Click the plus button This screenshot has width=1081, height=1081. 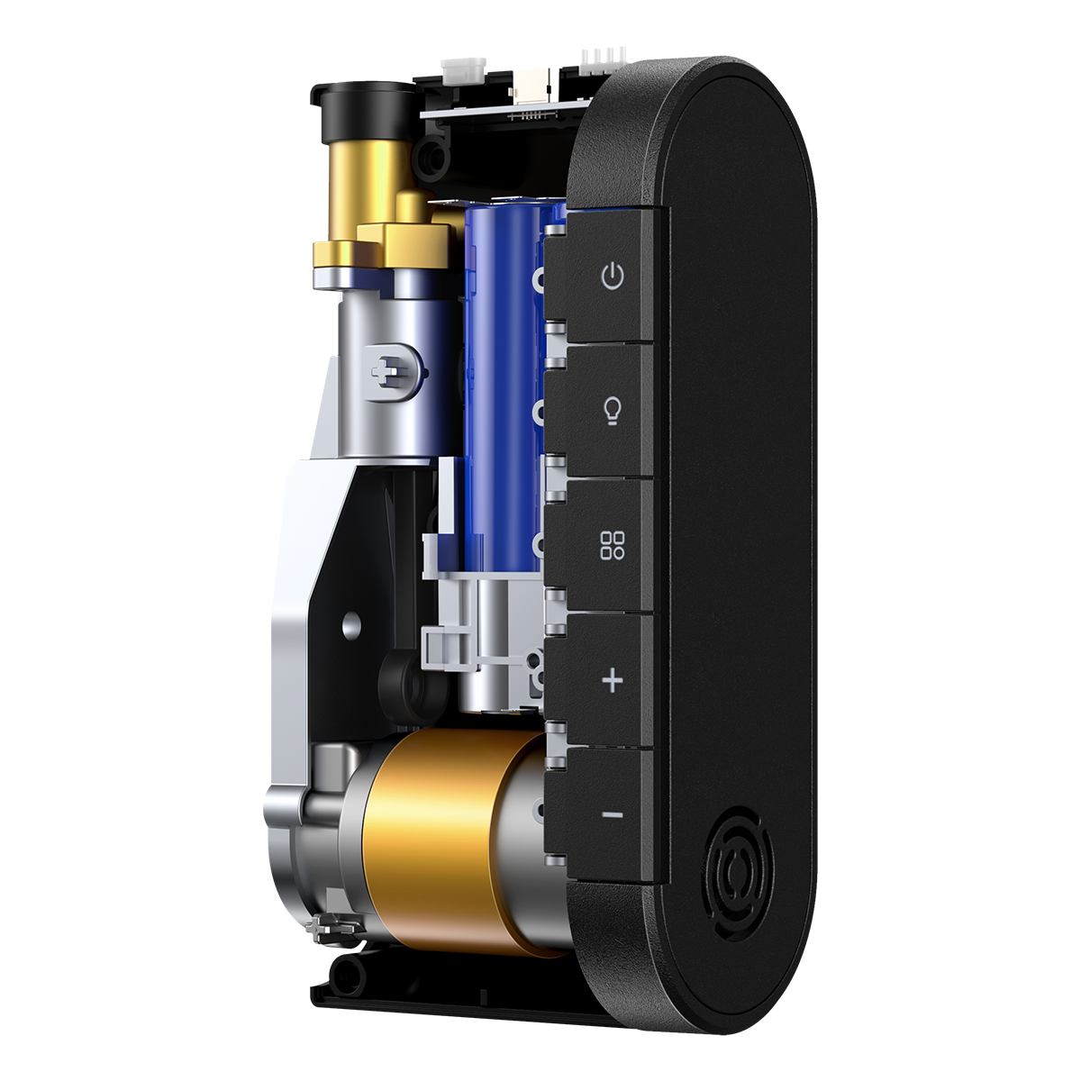click(612, 680)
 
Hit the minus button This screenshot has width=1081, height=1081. click(612, 815)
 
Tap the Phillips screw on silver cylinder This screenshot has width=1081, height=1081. click(389, 369)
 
